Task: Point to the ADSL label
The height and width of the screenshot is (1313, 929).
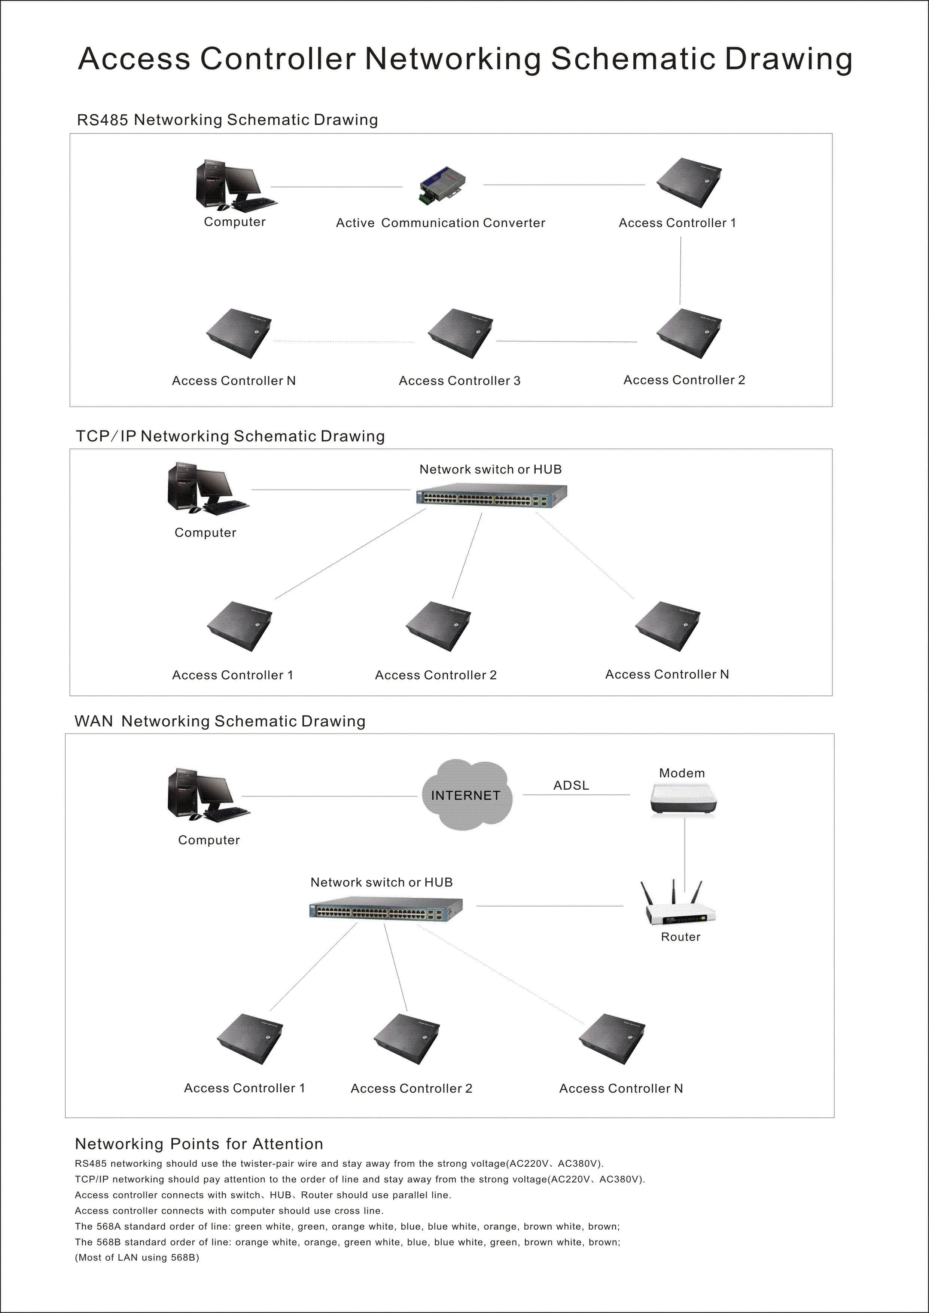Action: [x=571, y=785]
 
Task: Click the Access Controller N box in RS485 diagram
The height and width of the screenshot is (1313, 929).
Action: [x=238, y=333]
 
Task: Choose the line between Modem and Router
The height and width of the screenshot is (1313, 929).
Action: [x=685, y=849]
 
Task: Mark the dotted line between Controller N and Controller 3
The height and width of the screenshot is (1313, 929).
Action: [x=343, y=342]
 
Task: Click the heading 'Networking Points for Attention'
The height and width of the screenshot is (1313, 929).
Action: [x=199, y=1144]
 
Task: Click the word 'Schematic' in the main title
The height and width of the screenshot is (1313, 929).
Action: [x=632, y=59]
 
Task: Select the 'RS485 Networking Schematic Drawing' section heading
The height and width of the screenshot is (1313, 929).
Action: [x=227, y=120]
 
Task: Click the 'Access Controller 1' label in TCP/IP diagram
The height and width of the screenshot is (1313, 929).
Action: [x=232, y=675]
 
